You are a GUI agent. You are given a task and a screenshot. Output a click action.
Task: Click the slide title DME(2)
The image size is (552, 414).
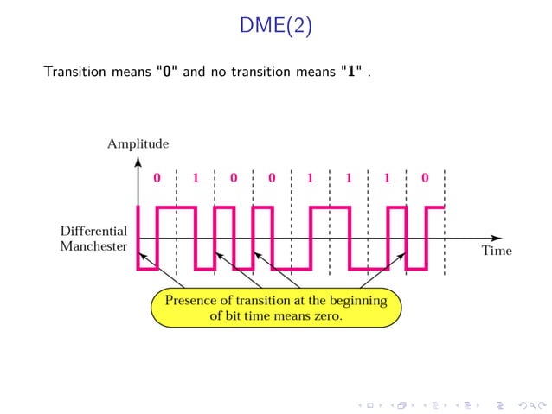(x=276, y=28)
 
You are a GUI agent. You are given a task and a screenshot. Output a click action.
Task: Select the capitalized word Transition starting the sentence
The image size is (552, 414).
(x=72, y=72)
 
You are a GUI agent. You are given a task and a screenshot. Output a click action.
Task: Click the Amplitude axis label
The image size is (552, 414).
(x=138, y=143)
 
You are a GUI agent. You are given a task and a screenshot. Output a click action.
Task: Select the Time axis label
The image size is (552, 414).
(x=496, y=251)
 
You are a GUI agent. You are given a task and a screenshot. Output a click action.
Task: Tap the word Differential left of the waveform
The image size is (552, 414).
(x=93, y=232)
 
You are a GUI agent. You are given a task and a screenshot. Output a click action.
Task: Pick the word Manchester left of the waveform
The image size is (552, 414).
(x=93, y=247)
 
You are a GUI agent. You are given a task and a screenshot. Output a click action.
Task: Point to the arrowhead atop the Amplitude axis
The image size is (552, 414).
(x=138, y=160)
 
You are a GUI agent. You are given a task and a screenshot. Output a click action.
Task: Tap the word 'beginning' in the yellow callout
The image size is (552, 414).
(x=363, y=301)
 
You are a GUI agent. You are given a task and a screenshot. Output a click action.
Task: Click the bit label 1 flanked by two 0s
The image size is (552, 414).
(x=195, y=179)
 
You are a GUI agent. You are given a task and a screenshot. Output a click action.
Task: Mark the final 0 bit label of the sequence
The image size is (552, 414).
(x=425, y=179)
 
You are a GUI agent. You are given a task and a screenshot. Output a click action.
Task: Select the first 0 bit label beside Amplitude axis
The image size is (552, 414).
(x=157, y=179)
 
